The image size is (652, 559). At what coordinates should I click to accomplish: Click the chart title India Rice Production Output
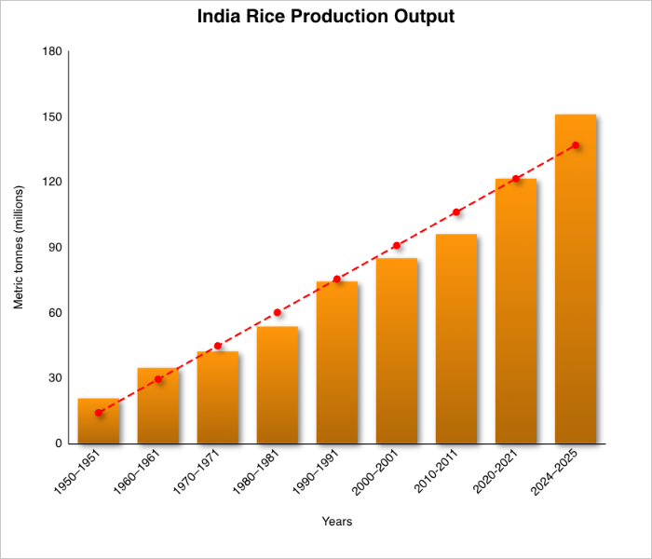[x=326, y=17]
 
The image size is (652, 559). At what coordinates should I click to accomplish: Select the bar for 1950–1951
[x=99, y=421]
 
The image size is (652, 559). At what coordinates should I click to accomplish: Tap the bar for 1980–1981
[x=278, y=385]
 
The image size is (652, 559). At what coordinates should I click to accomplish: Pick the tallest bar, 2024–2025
[x=576, y=279]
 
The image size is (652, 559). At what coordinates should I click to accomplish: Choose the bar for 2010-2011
[x=456, y=339]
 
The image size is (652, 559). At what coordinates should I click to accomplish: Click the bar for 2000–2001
[x=397, y=351]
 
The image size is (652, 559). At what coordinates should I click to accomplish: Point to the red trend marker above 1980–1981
[x=278, y=312]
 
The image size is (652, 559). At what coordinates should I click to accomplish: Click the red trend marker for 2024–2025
[x=576, y=145]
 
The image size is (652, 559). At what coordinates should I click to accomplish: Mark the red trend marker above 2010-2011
[x=456, y=212]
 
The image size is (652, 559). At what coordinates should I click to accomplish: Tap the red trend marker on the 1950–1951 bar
[x=99, y=413]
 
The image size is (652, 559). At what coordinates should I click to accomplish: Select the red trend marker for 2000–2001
[x=397, y=246]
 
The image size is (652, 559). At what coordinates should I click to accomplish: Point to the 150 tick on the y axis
[x=52, y=117]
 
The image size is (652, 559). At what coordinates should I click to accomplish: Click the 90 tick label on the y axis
[x=55, y=248]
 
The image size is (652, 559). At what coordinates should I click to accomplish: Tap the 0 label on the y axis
[x=58, y=443]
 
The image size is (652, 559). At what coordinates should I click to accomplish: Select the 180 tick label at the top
[x=52, y=52]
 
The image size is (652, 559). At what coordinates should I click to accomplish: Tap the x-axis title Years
[x=336, y=522]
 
